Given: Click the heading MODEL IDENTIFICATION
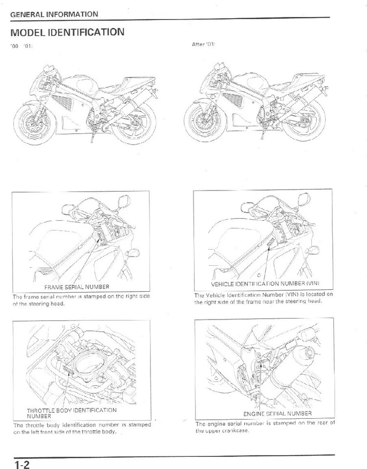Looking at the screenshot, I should (67, 32).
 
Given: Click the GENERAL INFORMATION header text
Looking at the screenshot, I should (54, 15).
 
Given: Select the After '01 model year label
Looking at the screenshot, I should (204, 44).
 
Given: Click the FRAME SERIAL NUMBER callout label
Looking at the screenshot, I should (77, 287).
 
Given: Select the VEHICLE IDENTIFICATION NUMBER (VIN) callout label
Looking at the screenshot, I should (265, 283).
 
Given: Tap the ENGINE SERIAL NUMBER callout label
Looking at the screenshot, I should (277, 414).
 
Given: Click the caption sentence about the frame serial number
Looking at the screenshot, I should (81, 300).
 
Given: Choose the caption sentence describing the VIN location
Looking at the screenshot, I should (263, 298).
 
